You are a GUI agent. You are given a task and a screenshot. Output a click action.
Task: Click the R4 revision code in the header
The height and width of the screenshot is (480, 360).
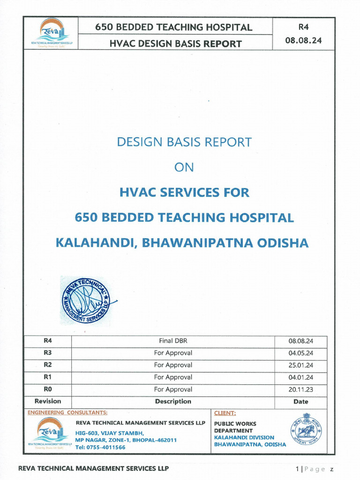coord(303,27)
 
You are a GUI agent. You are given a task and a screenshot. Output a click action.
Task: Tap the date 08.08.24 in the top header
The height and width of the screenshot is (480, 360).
coord(303,40)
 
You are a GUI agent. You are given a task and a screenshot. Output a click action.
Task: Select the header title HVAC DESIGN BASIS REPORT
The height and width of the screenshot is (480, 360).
coord(175,44)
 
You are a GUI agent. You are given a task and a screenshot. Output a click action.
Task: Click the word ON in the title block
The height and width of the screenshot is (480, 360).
coord(184,167)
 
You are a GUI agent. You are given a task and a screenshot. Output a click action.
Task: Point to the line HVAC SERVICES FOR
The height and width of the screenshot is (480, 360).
coord(184,192)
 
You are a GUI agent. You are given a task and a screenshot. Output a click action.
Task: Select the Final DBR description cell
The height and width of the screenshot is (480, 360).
coord(173,341)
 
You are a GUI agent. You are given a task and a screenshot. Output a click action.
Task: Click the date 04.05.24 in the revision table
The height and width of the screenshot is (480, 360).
coord(301,353)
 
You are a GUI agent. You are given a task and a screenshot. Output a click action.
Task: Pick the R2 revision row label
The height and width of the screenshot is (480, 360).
coord(47,365)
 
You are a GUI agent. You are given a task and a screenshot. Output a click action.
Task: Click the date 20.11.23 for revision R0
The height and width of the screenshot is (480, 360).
coord(301,390)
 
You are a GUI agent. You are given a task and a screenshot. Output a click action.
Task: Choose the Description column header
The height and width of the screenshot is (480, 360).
coord(173,401)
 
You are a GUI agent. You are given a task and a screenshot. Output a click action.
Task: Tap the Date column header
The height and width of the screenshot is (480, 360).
coord(301,402)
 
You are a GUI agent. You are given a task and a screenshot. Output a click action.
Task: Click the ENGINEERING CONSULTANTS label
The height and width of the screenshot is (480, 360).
coord(67,413)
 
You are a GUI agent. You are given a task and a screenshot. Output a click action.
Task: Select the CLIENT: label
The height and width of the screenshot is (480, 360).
coord(225,413)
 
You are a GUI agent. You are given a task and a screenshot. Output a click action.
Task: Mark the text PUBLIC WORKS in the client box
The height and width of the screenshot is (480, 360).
coord(235,424)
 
